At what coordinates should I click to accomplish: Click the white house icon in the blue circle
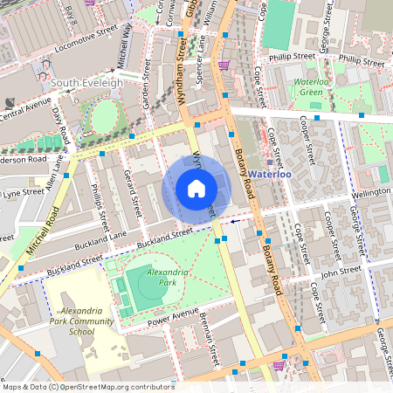[x=196, y=188]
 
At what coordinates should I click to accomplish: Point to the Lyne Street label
[x=22, y=191]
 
